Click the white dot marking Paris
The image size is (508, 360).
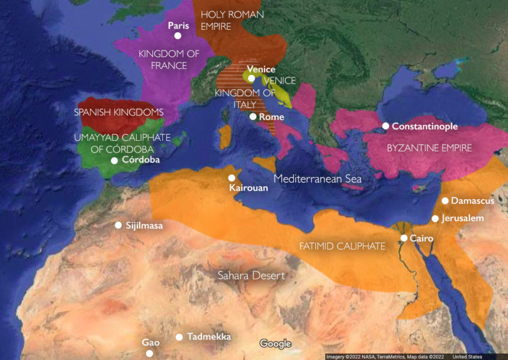(178, 36)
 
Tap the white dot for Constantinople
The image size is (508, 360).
(386, 126)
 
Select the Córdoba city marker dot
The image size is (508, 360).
(114, 160)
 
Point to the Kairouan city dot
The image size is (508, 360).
(232, 178)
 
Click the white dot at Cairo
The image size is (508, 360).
(404, 238)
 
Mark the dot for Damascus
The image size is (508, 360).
(445, 200)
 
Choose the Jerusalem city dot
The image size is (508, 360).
(435, 219)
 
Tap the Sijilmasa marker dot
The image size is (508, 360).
(119, 225)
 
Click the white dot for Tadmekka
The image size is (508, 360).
(180, 337)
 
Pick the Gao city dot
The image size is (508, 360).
(149, 353)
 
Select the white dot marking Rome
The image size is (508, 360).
(253, 117)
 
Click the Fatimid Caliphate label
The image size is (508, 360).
(342, 247)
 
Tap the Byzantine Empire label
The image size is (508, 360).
(429, 148)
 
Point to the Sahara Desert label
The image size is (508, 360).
(251, 275)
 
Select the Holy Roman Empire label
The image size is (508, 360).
(232, 20)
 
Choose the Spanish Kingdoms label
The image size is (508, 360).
(119, 112)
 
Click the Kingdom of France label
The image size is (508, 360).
(169, 60)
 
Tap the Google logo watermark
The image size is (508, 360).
(275, 344)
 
